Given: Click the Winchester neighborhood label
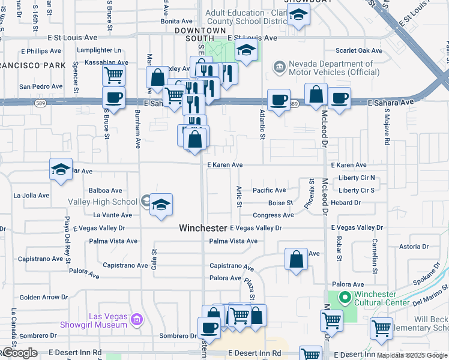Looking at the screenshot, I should (203, 229).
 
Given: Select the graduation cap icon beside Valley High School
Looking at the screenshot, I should (161, 205).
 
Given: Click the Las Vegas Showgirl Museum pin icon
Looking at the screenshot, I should (137, 320).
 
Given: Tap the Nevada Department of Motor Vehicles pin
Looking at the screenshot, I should (279, 66).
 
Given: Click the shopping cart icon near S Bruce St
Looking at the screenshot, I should (113, 76).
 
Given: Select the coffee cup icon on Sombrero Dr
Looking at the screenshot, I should (209, 328).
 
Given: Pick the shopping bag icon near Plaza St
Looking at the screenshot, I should (296, 260).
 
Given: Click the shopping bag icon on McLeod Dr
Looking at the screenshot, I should (316, 94).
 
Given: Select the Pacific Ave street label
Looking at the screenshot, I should (269, 190).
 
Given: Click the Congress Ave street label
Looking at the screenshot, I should (273, 215).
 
